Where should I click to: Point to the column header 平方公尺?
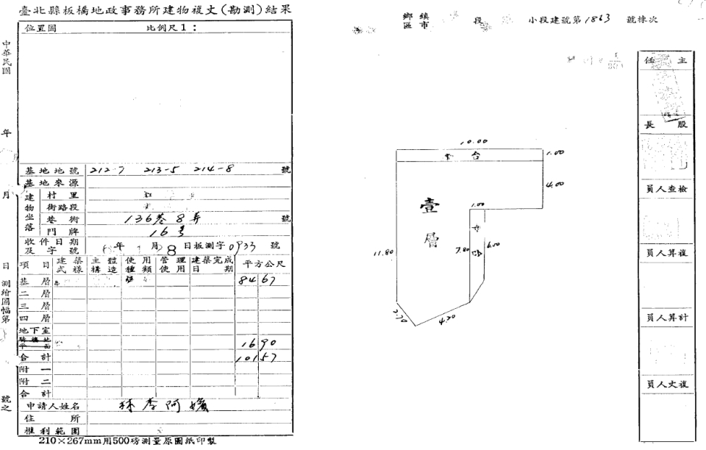coord(264,264)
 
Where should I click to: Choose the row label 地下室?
coord(32,331)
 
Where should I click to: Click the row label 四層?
coord(32,318)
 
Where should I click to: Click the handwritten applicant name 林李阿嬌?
coord(158,405)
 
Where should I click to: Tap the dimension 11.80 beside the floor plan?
coord(382,252)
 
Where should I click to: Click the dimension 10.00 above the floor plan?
coord(471,143)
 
